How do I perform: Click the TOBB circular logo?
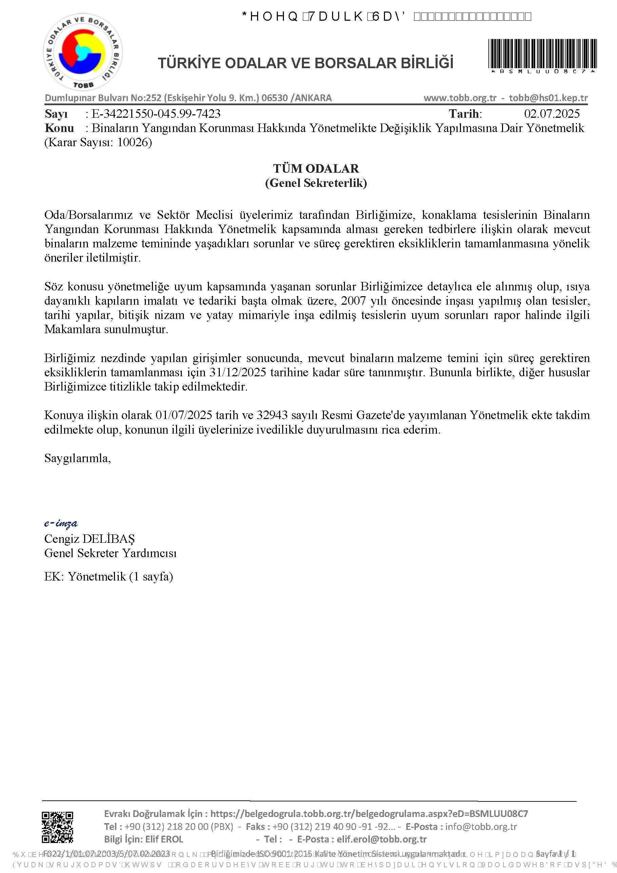pyautogui.click(x=83, y=53)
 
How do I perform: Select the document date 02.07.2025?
pyautogui.click(x=552, y=113)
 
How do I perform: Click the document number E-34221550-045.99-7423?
pyautogui.click(x=156, y=113)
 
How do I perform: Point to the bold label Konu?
pyautogui.click(x=59, y=128)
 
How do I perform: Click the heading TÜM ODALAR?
pyautogui.click(x=315, y=168)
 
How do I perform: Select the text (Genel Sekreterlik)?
pyautogui.click(x=315, y=183)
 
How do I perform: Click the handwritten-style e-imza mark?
pyautogui.click(x=61, y=523)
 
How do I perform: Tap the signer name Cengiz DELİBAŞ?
pyautogui.click(x=89, y=538)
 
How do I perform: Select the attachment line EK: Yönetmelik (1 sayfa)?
pyautogui.click(x=108, y=576)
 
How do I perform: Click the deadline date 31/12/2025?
pyautogui.click(x=237, y=372)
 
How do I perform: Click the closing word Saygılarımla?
pyautogui.click(x=78, y=458)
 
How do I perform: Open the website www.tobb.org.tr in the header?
pyautogui.click(x=460, y=98)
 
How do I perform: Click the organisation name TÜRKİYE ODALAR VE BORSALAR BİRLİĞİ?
pyautogui.click(x=306, y=63)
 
